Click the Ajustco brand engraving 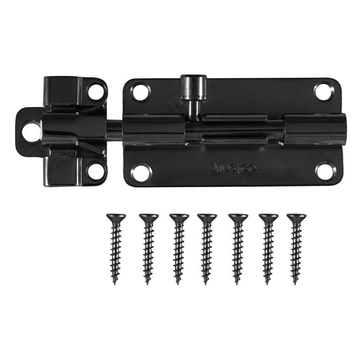(x=233, y=168)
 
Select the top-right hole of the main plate (x=324, y=91)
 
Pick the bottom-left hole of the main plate (x=141, y=172)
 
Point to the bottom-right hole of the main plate (x=325, y=170)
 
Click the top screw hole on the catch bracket (x=96, y=91)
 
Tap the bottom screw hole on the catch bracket (x=96, y=171)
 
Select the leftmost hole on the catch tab (x=31, y=132)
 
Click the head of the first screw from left (x=116, y=217)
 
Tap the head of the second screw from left (x=149, y=217)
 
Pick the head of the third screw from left (x=179, y=217)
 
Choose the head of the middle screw (x=207, y=217)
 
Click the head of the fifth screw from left (x=238, y=217)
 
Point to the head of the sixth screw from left (x=269, y=217)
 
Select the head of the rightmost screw (x=296, y=217)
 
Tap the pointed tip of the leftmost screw (x=115, y=283)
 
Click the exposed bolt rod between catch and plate (x=115, y=130)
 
